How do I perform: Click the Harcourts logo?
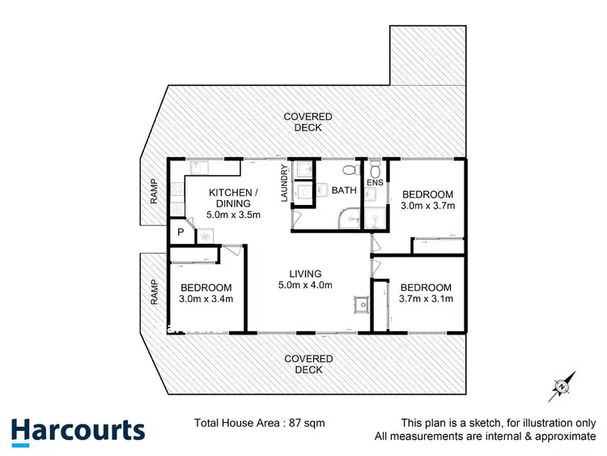tap(78, 430)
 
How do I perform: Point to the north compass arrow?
tap(561, 386)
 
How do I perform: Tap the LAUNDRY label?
tap(284, 185)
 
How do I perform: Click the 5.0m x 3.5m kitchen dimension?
tap(233, 215)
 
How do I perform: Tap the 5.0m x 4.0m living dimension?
tap(303, 285)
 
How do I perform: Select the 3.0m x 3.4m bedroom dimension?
tap(206, 299)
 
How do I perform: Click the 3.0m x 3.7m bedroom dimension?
tap(429, 206)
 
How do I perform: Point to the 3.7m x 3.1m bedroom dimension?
tap(426, 299)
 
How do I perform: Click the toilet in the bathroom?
tap(349, 170)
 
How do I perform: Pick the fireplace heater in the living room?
tap(360, 304)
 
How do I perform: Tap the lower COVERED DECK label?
tap(308, 364)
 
